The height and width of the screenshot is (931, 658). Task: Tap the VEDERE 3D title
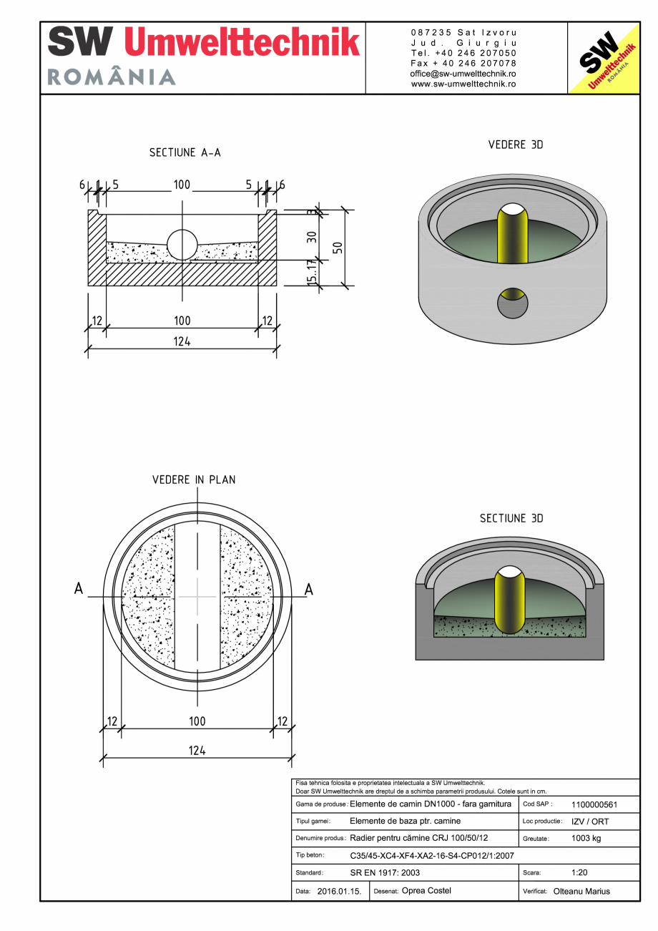(x=515, y=145)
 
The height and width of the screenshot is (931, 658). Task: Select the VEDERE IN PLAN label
(x=194, y=479)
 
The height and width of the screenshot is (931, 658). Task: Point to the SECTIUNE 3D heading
(x=511, y=518)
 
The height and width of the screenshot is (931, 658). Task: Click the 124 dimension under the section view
(x=182, y=341)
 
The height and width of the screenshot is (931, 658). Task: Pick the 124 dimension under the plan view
(x=197, y=750)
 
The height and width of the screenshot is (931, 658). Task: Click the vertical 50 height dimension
(x=338, y=248)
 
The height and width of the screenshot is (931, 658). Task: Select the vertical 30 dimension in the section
(x=312, y=236)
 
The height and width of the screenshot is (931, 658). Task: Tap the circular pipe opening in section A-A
(x=182, y=244)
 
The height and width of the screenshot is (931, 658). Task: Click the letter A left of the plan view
(x=79, y=589)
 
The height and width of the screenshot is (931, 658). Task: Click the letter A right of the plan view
(x=309, y=589)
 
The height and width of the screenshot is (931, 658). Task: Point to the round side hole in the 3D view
(x=513, y=303)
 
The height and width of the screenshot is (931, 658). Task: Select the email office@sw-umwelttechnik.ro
(x=463, y=74)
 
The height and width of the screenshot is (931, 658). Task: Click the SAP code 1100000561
(x=594, y=804)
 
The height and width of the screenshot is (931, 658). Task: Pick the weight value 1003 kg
(x=586, y=838)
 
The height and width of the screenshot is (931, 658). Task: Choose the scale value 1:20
(x=580, y=872)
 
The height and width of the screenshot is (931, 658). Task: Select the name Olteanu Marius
(x=581, y=892)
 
